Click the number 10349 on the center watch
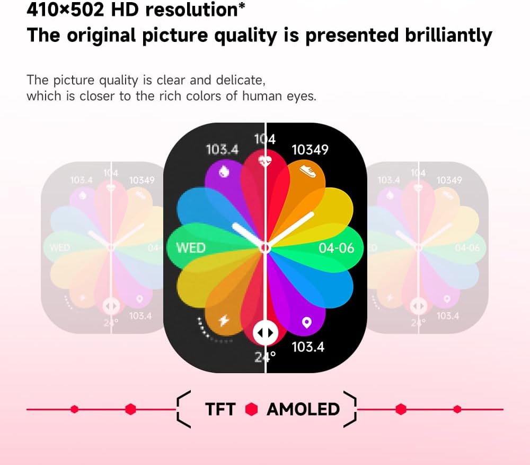pyautogui.click(x=310, y=150)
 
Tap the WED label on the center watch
pyautogui.click(x=190, y=248)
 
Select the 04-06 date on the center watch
pyautogui.click(x=337, y=248)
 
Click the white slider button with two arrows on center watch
pyautogui.click(x=265, y=333)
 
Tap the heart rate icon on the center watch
pyautogui.click(x=265, y=159)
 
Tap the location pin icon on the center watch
pyautogui.click(x=306, y=322)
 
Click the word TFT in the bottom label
pyautogui.click(x=220, y=409)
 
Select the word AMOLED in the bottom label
pyautogui.click(x=303, y=409)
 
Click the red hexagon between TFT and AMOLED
pyautogui.click(x=251, y=409)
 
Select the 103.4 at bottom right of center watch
pyautogui.click(x=308, y=347)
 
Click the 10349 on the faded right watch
pyautogui.click(x=449, y=180)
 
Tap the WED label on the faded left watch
pyautogui.click(x=60, y=248)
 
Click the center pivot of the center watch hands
pyautogui.click(x=265, y=247)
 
